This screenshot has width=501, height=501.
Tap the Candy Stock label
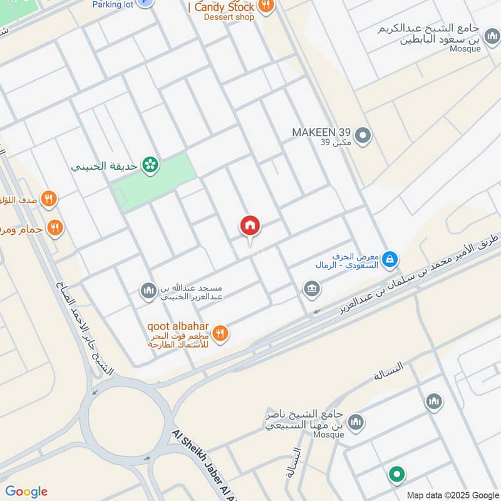224,7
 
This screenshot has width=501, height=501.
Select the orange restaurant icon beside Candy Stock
266,6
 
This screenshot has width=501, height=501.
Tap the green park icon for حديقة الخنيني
150,165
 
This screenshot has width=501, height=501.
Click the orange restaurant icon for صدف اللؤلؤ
49,200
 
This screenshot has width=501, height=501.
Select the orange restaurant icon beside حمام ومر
56,228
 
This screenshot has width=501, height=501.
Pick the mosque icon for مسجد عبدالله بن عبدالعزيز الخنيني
148,290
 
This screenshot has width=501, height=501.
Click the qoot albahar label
178,327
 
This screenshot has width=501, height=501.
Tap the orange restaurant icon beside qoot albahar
219,333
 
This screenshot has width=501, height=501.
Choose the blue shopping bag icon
390,258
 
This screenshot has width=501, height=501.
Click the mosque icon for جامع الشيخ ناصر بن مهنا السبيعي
356,423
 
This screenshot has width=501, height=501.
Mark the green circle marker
396,474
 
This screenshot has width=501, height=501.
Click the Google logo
26,492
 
